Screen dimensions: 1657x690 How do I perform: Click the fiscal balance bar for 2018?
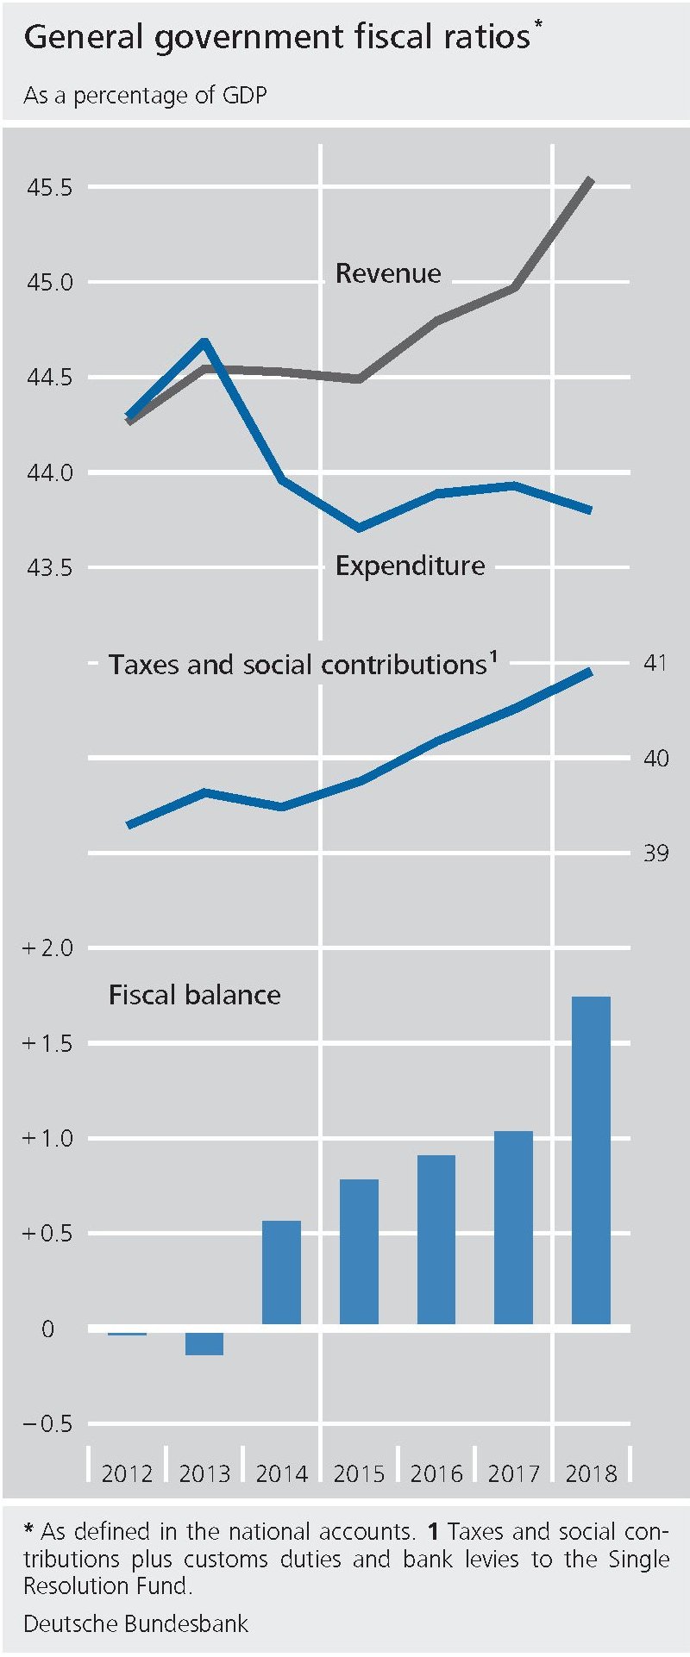[x=591, y=1160]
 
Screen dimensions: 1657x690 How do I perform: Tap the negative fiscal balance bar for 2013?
[x=204, y=1343]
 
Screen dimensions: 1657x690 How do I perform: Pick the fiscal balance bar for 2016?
[x=436, y=1239]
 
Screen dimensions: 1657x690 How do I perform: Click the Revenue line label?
[x=388, y=273]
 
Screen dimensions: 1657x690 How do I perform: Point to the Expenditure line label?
[x=410, y=566]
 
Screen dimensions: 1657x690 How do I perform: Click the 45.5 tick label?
[x=49, y=187]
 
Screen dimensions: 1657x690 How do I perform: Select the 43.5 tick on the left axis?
[x=49, y=568]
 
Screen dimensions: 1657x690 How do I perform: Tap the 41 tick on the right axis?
[x=655, y=663]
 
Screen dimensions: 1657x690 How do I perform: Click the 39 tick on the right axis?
[x=655, y=853]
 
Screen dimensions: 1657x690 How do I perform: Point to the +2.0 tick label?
[x=47, y=948]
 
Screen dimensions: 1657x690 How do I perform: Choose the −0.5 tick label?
[x=47, y=1423]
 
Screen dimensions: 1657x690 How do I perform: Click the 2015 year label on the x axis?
[x=359, y=1473]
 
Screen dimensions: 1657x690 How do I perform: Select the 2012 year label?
[x=127, y=1473]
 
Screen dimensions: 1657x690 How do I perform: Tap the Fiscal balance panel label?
[x=194, y=995]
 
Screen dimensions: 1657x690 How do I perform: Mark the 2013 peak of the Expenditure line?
[x=204, y=342]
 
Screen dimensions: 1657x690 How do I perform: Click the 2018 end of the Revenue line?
[x=591, y=180]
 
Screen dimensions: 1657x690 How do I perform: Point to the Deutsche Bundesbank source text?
[x=135, y=1624]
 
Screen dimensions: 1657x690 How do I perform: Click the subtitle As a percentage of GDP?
[x=145, y=95]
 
